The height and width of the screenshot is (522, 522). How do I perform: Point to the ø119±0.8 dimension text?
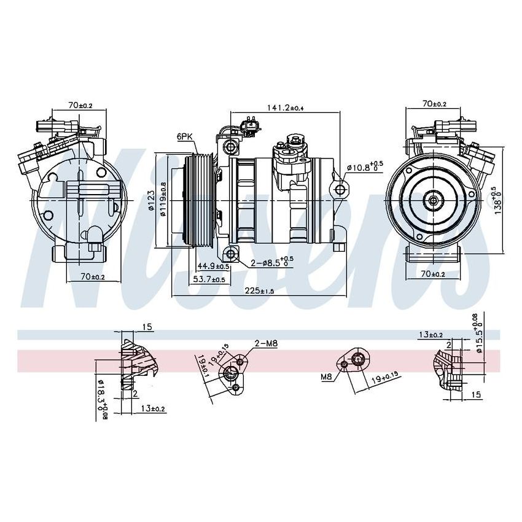pos(163,200)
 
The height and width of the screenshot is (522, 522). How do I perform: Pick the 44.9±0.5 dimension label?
pos(214,267)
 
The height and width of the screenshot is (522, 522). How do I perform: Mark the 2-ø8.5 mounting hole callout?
pos(271,263)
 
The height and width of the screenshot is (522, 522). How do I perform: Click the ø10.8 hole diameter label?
pos(364,166)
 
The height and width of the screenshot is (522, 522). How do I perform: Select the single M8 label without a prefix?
pos(325,376)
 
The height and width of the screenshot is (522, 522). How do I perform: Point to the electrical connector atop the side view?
pos(251,127)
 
